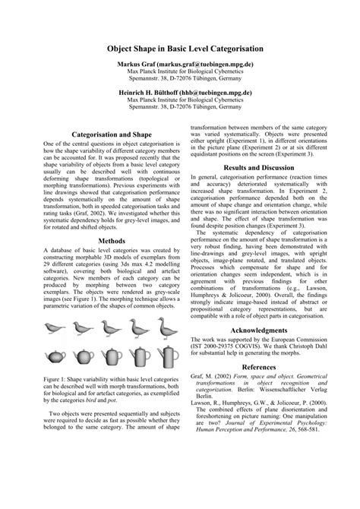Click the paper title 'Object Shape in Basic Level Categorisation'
click(x=180, y=48)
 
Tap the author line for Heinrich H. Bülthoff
click(x=180, y=90)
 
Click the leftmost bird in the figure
click(x=54, y=308)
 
